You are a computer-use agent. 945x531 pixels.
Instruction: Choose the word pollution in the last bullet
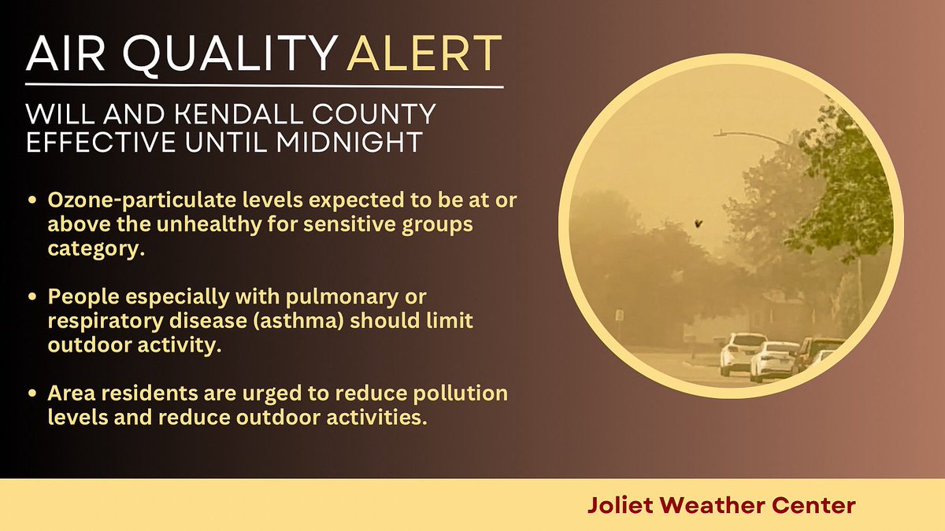pyautogui.click(x=460, y=393)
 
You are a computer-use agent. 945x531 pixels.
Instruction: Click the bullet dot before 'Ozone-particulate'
pyautogui.click(x=32, y=203)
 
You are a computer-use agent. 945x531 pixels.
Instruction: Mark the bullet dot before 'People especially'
pyautogui.click(x=32, y=298)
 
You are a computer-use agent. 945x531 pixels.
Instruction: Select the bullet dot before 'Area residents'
pyautogui.click(x=32, y=393)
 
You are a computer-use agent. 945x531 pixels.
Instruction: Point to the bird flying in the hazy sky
pyautogui.click(x=697, y=224)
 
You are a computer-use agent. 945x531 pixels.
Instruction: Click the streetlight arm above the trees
pyautogui.click(x=752, y=136)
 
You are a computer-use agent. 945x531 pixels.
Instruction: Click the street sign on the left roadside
pyautogui.click(x=620, y=315)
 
